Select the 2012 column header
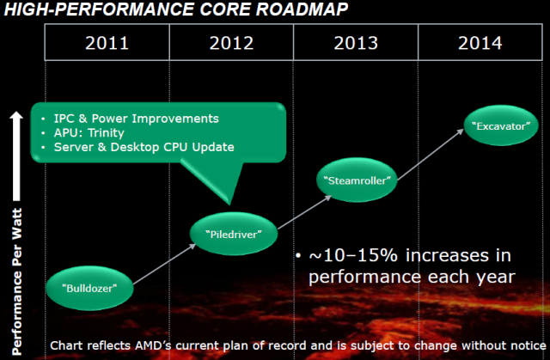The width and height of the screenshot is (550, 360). pyautogui.click(x=232, y=43)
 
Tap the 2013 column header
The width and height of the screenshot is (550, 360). pyautogui.click(x=356, y=43)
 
